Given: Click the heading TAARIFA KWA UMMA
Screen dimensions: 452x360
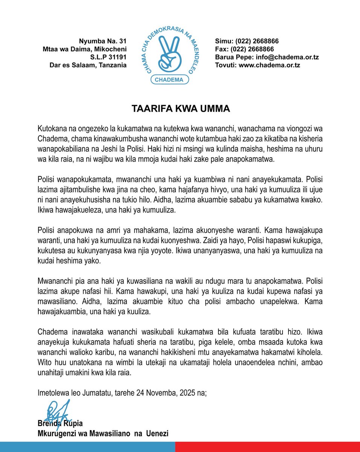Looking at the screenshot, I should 180,109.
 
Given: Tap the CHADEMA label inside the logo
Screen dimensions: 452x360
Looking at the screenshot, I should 169,79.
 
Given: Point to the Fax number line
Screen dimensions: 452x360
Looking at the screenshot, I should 244,49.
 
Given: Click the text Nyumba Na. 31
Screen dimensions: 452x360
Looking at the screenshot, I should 102,41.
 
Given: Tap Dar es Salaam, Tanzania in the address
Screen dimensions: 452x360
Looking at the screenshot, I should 88,65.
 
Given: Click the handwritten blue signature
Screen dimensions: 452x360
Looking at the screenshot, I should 56,412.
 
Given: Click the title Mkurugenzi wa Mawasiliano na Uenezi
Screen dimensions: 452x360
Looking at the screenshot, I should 103,434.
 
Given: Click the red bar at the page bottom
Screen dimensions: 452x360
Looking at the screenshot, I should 267,447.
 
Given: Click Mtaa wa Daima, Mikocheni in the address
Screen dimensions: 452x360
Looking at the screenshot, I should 85,49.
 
